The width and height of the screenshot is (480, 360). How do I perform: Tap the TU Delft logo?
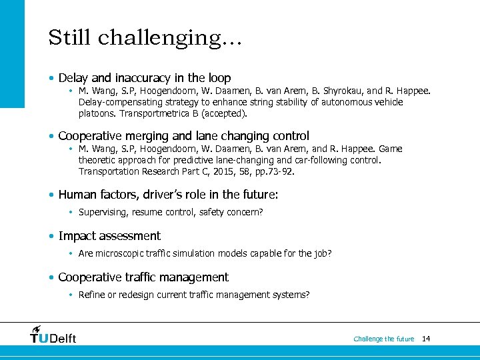53,335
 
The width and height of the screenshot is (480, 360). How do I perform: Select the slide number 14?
426,339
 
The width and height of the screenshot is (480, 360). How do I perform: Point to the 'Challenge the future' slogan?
383,339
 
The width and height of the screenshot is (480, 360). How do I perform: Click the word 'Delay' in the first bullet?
73,78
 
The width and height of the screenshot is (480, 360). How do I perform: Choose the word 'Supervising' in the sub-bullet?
100,212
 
